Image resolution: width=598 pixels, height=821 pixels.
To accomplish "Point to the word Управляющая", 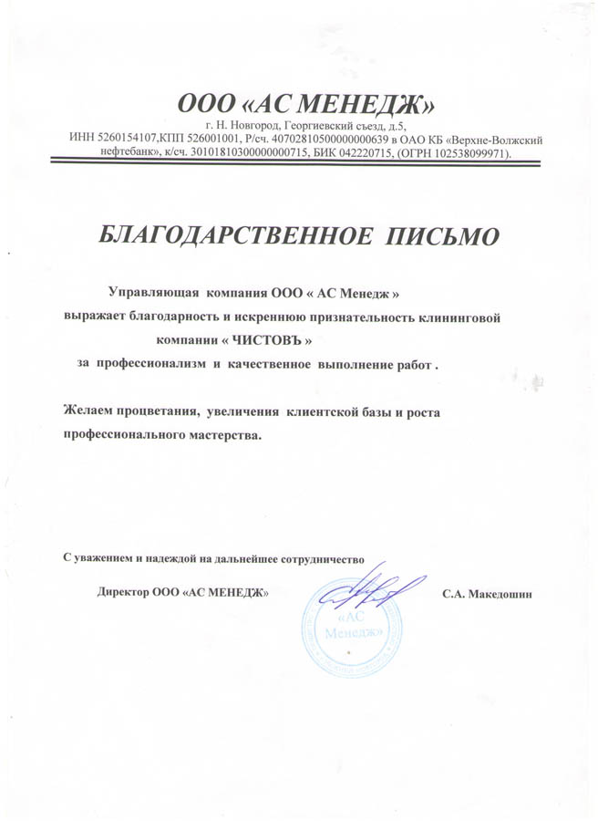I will coord(153,294).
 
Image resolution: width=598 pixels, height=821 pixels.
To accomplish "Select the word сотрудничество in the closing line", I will coord(325,557).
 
